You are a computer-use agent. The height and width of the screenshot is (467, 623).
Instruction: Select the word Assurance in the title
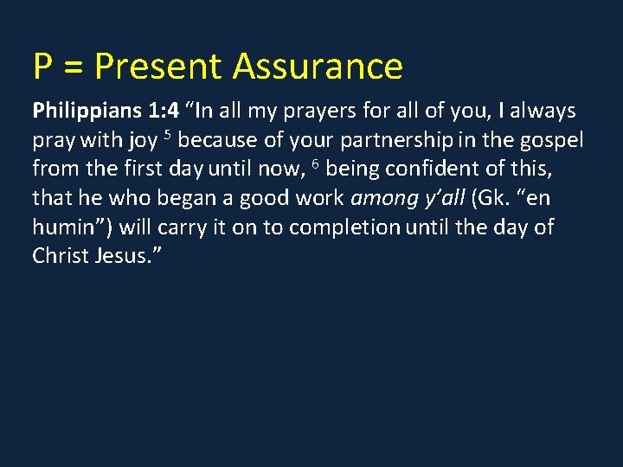tap(318, 66)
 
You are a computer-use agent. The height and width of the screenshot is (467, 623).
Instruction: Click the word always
tap(544, 111)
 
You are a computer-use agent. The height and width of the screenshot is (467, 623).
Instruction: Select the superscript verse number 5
tap(170, 135)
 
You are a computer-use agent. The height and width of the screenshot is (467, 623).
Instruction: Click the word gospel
tap(551, 140)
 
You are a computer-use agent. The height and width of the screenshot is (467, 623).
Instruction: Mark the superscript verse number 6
tap(316, 164)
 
